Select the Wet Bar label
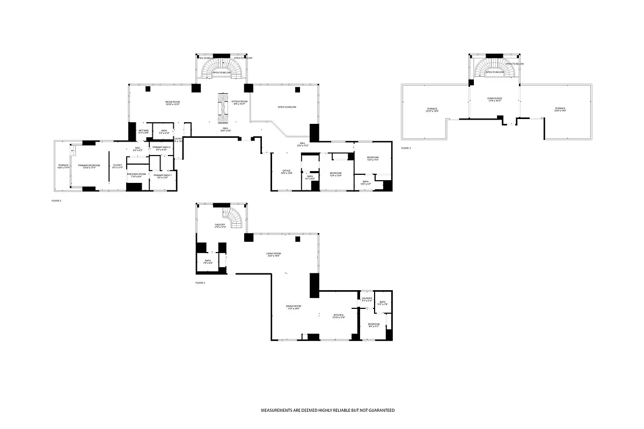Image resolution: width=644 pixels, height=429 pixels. coord(143,131)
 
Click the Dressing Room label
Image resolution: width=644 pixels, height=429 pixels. coord(134,175)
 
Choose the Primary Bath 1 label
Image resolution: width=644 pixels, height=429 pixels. coord(162,176)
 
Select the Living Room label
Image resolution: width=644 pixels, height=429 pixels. coord(274,255)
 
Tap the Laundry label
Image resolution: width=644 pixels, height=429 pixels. coord(367,300)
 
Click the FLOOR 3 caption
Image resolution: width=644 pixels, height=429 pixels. coord(406,147)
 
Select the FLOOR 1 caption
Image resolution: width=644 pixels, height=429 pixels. coord(200,282)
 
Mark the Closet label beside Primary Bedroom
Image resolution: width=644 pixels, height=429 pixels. coord(117,166)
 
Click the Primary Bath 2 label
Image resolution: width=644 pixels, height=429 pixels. coord(162,148)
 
